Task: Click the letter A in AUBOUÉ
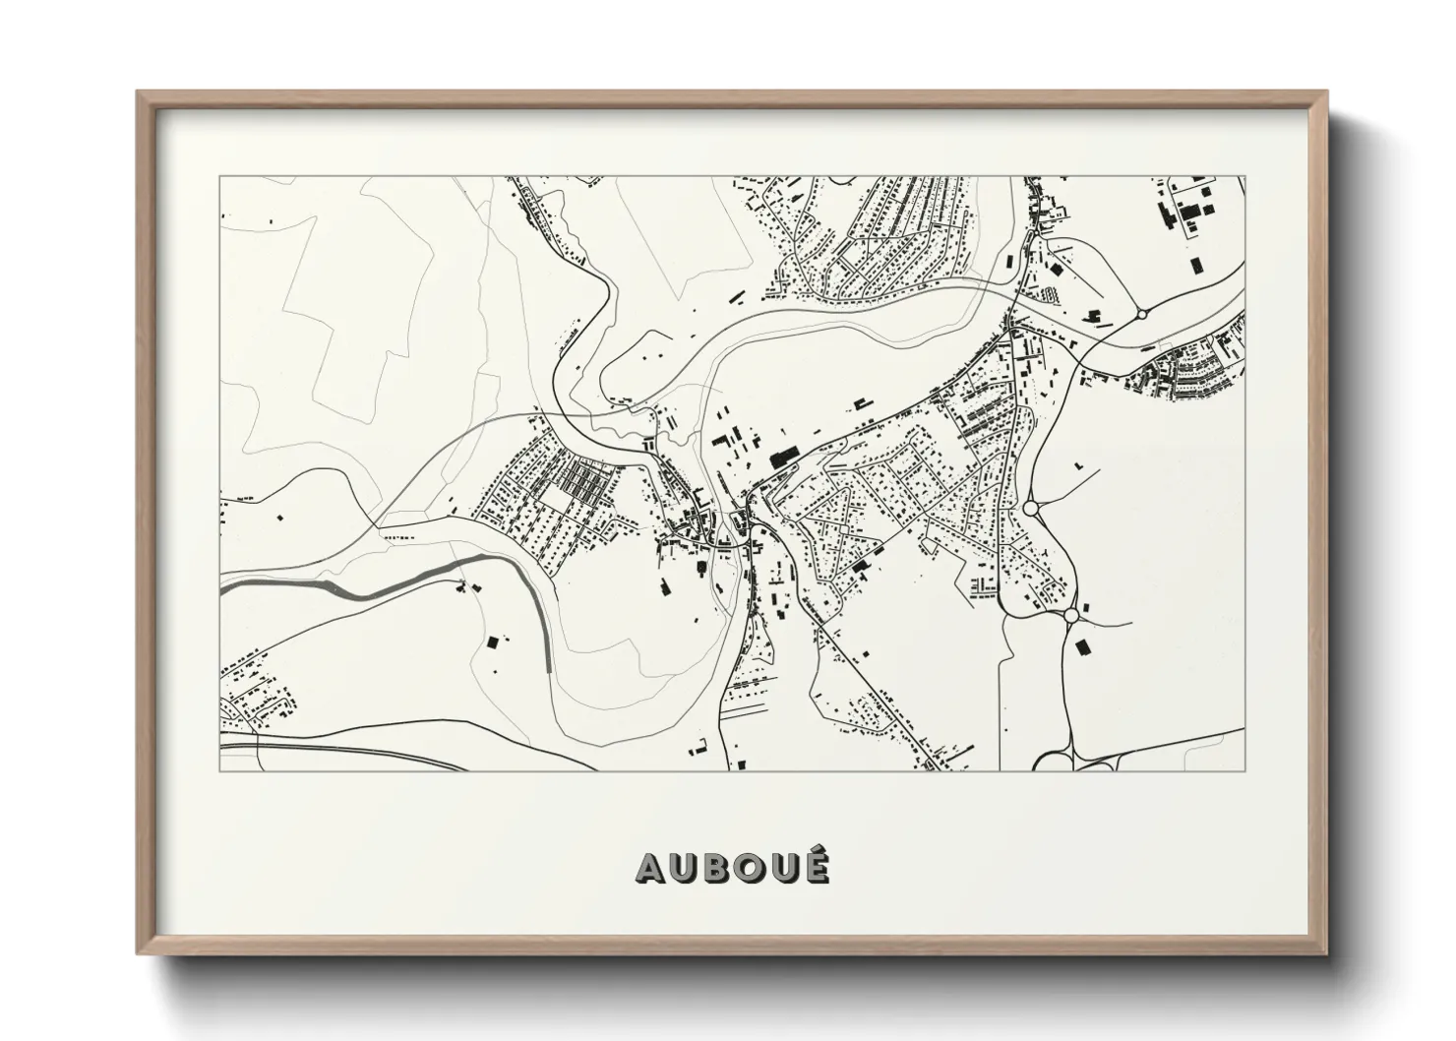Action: (652, 868)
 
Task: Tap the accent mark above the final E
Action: (817, 852)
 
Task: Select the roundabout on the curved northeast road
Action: (1142, 315)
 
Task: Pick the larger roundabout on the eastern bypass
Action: (1031, 509)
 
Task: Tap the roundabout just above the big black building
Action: (1070, 616)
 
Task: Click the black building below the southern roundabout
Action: (1084, 646)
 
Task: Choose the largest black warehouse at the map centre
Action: (784, 457)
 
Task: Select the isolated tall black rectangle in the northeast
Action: (1196, 265)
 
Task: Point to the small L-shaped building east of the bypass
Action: (1079, 464)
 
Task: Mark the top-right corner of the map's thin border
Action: (1244, 176)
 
